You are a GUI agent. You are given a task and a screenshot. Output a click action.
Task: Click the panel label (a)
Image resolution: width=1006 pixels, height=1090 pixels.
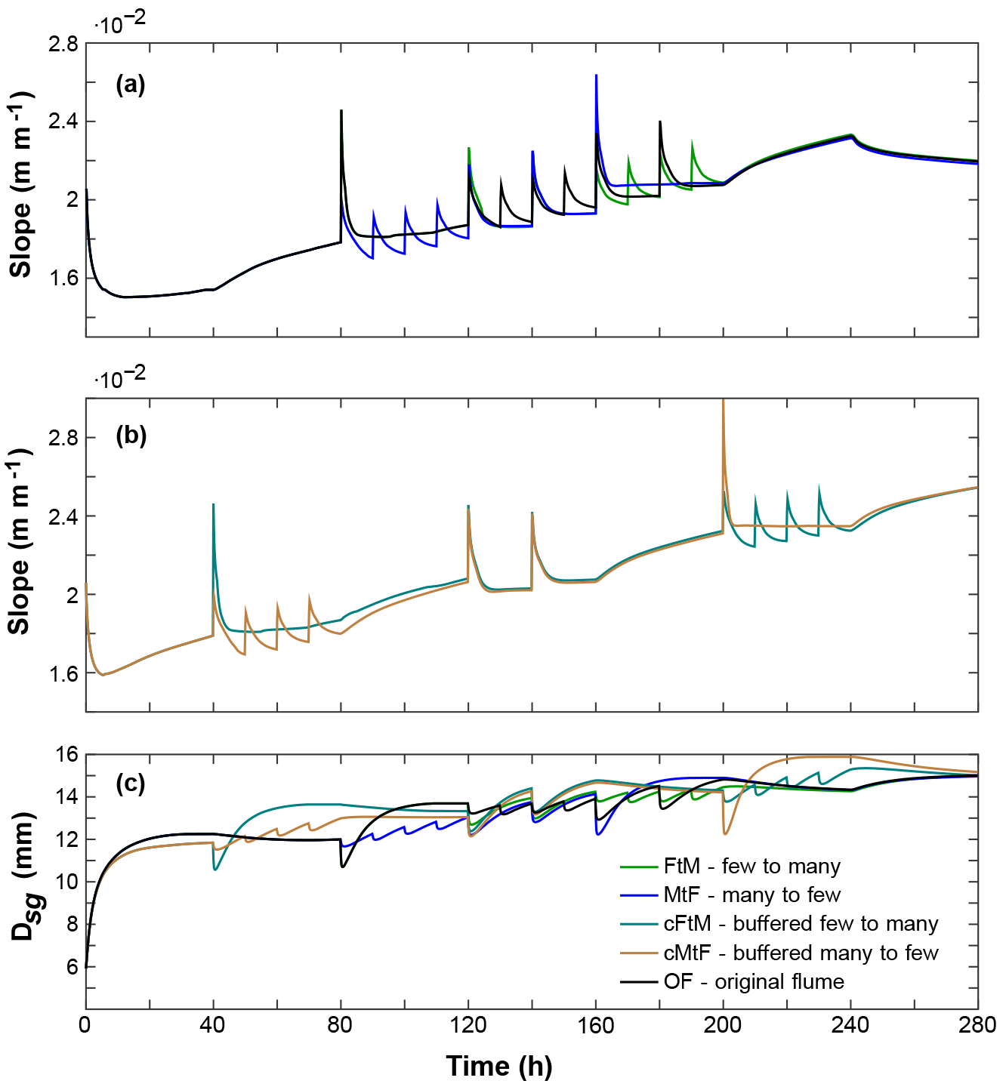pyautogui.click(x=130, y=85)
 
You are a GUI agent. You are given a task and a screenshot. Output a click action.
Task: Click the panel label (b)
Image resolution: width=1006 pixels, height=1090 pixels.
pyautogui.click(x=131, y=436)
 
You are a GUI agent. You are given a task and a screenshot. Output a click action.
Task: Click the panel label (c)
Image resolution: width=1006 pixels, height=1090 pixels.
pyautogui.click(x=130, y=784)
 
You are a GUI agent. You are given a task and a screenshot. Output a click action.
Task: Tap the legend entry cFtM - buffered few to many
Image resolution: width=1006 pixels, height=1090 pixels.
pyautogui.click(x=801, y=923)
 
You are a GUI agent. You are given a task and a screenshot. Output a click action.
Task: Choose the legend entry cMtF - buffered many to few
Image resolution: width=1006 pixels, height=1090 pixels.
pyautogui.click(x=801, y=953)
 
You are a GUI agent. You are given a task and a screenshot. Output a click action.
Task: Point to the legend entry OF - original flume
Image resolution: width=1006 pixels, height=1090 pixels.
pyautogui.click(x=753, y=981)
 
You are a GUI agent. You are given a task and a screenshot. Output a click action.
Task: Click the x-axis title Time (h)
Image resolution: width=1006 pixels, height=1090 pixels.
pyautogui.click(x=499, y=1066)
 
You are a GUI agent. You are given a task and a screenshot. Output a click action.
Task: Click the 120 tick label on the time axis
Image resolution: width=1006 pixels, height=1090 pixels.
pyautogui.click(x=468, y=1025)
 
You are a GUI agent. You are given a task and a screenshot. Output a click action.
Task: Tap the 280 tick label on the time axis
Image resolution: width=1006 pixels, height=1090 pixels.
pyautogui.click(x=977, y=1025)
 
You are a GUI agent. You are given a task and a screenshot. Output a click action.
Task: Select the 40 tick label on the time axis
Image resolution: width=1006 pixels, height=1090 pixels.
pyautogui.click(x=213, y=1025)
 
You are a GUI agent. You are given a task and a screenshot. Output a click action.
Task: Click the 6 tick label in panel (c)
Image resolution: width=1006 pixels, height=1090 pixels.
pyautogui.click(x=72, y=967)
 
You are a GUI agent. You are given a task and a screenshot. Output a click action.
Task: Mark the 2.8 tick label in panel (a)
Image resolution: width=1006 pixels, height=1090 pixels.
pyautogui.click(x=63, y=44)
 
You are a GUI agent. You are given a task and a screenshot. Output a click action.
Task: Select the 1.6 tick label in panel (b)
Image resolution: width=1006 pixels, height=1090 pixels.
pyautogui.click(x=63, y=673)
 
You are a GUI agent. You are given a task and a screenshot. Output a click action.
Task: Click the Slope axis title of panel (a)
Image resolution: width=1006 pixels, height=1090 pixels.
pyautogui.click(x=21, y=185)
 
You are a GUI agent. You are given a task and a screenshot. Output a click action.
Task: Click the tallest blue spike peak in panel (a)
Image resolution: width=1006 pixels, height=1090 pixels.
pyautogui.click(x=597, y=75)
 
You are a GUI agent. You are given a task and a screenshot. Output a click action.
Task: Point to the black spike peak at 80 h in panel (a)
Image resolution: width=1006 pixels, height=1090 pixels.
pyautogui.click(x=341, y=111)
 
